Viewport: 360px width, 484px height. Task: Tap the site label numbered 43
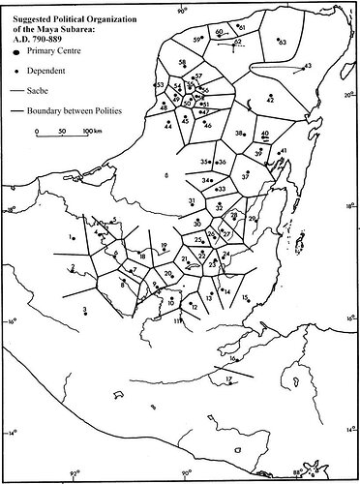click(x=307, y=66)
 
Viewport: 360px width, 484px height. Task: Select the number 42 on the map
click(x=270, y=100)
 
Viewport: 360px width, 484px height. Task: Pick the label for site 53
click(x=159, y=86)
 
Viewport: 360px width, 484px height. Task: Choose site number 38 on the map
click(x=238, y=134)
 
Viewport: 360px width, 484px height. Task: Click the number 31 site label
click(x=192, y=199)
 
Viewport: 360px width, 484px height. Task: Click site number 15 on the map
click(x=246, y=297)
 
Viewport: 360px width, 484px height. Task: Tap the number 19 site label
click(x=165, y=245)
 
